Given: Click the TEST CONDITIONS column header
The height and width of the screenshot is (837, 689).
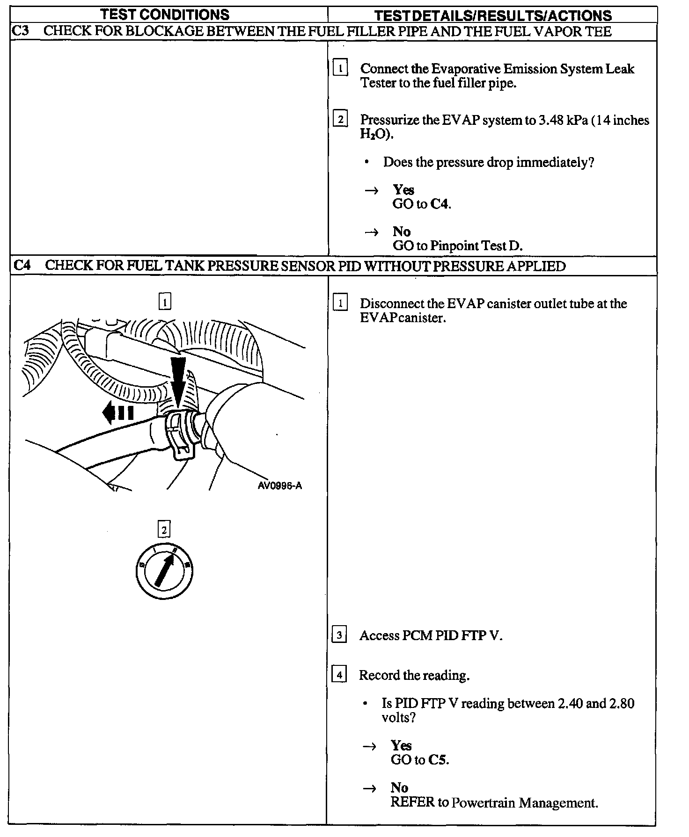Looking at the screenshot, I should tap(165, 14).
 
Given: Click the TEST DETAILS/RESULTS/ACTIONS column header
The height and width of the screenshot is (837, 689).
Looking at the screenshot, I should tap(492, 15).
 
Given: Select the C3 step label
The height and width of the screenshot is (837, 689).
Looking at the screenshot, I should tap(20, 31).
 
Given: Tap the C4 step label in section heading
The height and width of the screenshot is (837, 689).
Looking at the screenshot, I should tap(22, 266).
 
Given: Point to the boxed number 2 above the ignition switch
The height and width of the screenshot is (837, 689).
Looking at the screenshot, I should tap(164, 529).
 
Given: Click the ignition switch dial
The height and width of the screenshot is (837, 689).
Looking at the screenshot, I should tap(164, 571).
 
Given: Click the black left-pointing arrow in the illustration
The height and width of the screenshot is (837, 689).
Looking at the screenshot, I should tap(118, 413).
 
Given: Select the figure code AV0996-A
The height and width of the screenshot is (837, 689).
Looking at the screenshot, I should tap(280, 486).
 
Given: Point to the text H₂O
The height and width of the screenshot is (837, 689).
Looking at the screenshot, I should tap(374, 135).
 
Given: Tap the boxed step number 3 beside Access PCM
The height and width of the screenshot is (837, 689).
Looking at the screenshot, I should tap(339, 635).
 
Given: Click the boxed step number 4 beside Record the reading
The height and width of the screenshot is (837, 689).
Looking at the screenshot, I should tap(339, 675).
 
